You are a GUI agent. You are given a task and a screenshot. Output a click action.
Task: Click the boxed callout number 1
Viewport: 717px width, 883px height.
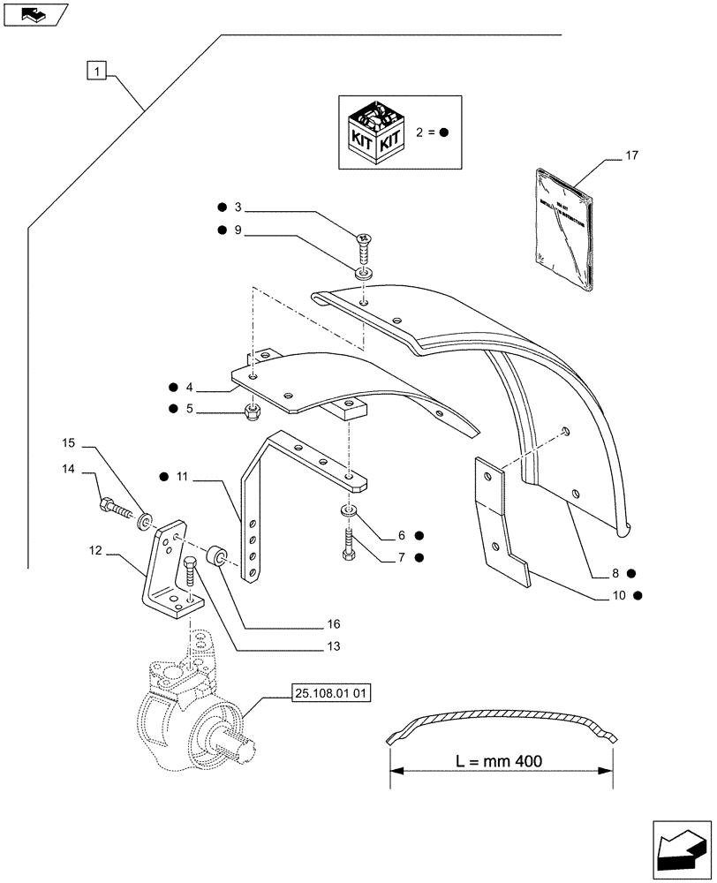(98, 70)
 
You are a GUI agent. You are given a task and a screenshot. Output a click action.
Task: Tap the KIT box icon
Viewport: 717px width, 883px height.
(377, 132)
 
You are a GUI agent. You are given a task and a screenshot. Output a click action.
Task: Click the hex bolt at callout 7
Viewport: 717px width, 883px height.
(347, 547)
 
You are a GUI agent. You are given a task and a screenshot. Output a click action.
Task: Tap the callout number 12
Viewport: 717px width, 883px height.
(96, 551)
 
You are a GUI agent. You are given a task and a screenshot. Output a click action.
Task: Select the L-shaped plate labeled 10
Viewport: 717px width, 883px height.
(502, 521)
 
